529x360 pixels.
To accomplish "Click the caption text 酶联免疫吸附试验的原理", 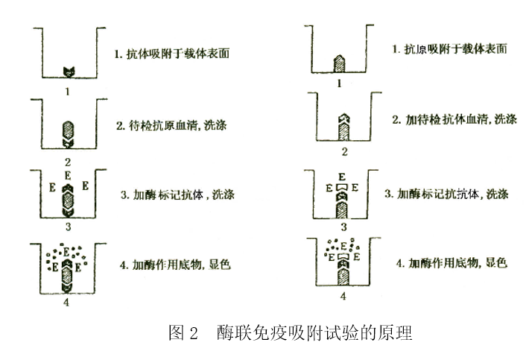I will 315,332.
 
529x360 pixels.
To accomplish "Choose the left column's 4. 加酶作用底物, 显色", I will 173,264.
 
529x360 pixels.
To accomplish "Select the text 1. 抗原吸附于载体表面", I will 450,49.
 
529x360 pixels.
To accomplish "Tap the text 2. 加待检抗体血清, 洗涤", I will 454,119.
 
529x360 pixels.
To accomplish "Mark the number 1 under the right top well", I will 339,83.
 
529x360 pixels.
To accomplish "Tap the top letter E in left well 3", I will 68,176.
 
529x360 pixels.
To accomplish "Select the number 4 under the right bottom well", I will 343,296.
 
